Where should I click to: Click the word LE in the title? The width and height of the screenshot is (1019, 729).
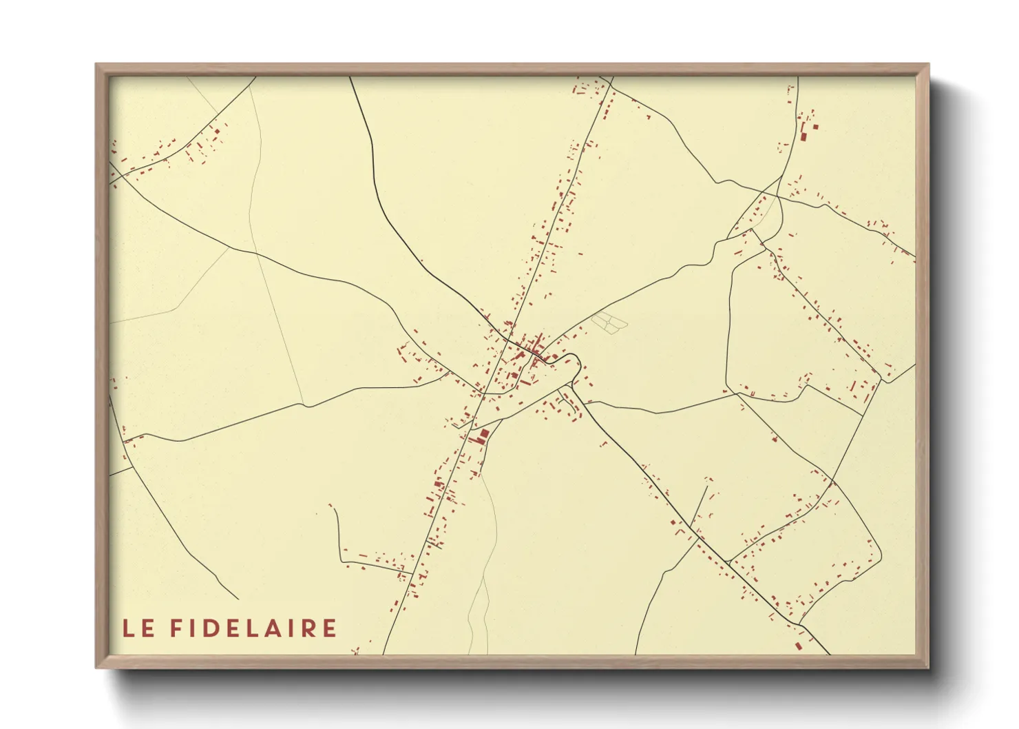click(138, 628)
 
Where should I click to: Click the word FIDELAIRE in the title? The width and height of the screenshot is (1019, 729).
click(253, 628)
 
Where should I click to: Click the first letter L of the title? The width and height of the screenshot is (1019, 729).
click(128, 628)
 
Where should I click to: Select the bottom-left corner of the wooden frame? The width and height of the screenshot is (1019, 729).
click(97, 666)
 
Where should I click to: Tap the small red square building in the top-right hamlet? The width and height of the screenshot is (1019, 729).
click(816, 127)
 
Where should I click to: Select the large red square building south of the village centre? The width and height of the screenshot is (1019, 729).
click(483, 434)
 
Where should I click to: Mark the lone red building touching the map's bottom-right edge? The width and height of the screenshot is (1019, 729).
click(799, 646)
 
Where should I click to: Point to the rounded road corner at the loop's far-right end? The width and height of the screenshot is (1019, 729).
click(879, 551)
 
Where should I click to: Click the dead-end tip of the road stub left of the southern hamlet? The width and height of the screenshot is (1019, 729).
click(330, 506)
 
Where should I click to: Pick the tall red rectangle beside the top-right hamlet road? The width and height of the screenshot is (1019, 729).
click(803, 135)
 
